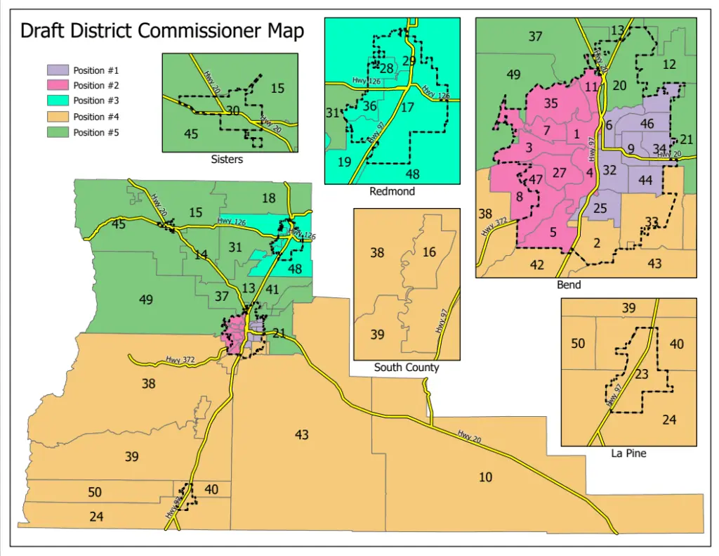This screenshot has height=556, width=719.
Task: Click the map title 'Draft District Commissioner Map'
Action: click(x=162, y=32)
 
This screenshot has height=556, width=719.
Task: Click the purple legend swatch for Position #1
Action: click(x=58, y=70)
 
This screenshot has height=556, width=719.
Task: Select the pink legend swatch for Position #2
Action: click(x=58, y=86)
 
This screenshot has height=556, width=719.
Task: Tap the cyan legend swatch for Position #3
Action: click(x=58, y=101)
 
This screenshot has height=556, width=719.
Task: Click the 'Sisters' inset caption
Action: click(x=227, y=160)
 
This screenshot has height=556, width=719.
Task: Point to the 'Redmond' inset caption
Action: click(x=392, y=191)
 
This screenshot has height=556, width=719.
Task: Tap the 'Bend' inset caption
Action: click(x=569, y=285)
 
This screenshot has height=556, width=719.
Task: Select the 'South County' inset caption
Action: click(x=407, y=367)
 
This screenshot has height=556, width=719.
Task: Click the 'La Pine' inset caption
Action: click(x=628, y=453)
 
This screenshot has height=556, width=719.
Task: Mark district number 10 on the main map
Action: click(x=485, y=477)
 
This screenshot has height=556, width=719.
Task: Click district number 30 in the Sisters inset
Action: click(x=233, y=111)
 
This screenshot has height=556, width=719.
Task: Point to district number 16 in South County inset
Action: click(x=429, y=252)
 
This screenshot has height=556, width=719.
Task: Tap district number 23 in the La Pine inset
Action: click(x=641, y=375)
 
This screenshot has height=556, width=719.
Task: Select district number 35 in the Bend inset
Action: click(x=550, y=104)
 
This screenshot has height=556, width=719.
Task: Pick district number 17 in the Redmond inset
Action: click(x=407, y=108)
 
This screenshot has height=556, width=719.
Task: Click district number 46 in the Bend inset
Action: click(x=647, y=124)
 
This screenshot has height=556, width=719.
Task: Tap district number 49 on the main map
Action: click(x=146, y=300)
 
